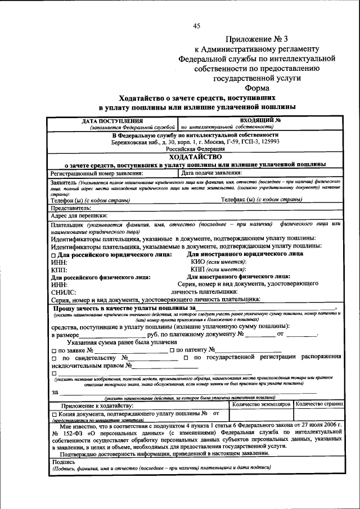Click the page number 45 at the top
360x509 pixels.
click(196, 26)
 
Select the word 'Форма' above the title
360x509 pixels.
click(256, 88)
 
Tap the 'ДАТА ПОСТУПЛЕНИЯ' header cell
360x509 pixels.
click(112, 121)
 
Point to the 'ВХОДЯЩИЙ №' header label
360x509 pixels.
click(260, 120)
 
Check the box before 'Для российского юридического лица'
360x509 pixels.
click(53, 255)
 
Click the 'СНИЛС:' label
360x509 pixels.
click(62, 292)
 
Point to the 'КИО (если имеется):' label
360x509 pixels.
click(219, 262)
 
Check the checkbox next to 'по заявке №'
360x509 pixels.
click(53, 350)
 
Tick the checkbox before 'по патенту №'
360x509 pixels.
click(172, 350)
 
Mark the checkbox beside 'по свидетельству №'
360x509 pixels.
click(53, 358)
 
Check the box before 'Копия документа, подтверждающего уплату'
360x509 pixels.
click(53, 415)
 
